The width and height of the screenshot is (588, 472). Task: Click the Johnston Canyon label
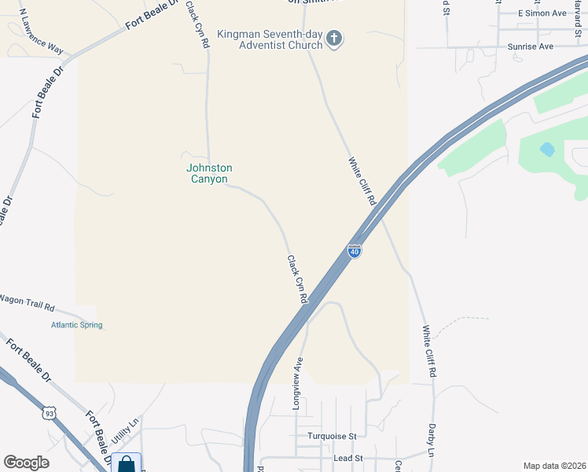tap(209, 173)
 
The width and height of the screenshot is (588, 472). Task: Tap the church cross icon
tap(334, 39)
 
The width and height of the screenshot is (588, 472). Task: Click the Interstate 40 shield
tap(355, 251)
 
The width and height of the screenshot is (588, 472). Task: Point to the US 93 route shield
tap(50, 413)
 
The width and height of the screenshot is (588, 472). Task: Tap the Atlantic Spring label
tap(77, 325)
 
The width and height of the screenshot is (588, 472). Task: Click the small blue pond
tap(546, 148)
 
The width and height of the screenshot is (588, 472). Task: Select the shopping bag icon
tap(126, 464)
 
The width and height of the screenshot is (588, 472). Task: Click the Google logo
tap(26, 463)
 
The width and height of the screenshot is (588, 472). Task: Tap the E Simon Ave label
tap(542, 13)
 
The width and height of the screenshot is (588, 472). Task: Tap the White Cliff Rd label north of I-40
tap(362, 181)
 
